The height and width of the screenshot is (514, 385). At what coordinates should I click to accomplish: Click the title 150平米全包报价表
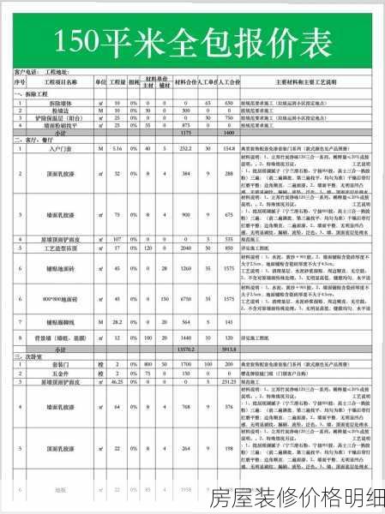point(192,39)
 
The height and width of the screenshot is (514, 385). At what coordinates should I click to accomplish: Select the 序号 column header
point(19,82)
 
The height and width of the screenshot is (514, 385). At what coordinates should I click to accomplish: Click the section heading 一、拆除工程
point(31,94)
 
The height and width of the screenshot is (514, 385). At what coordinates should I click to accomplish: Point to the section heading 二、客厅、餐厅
point(34,139)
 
